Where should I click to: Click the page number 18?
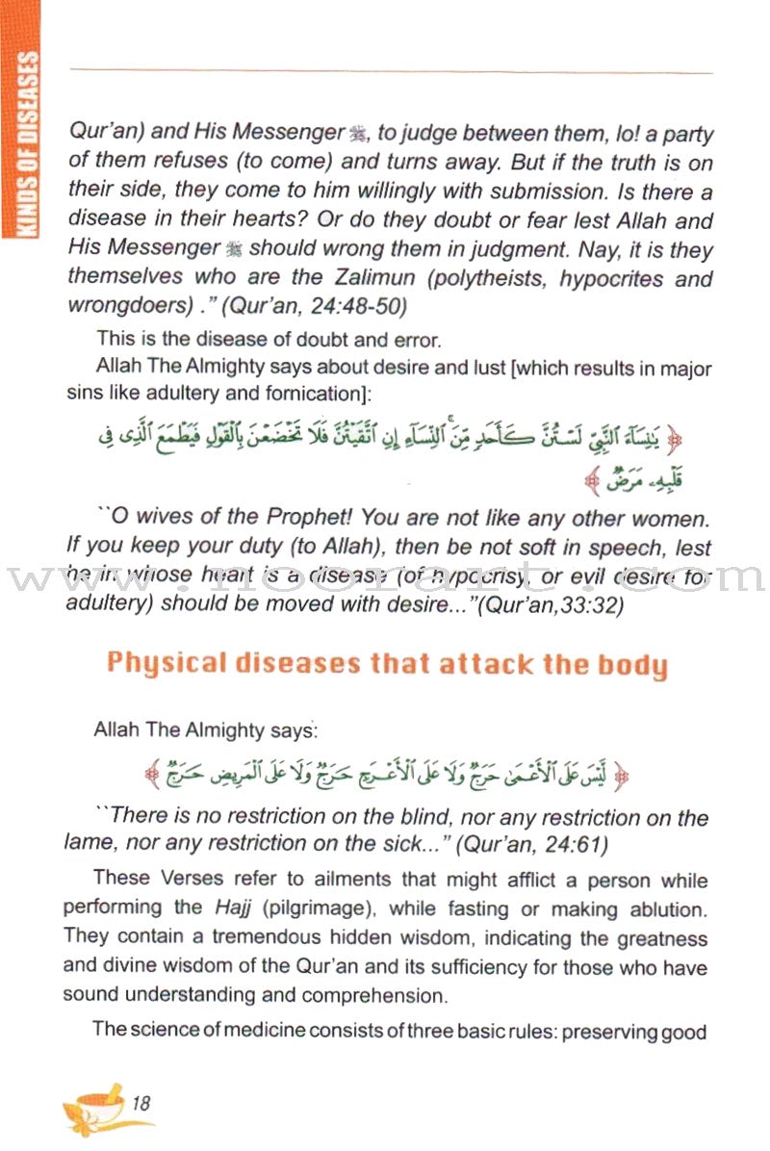click(x=141, y=1105)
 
